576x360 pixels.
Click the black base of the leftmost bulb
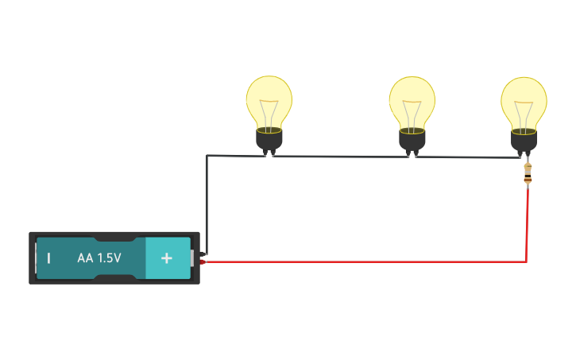pyautogui.click(x=269, y=140)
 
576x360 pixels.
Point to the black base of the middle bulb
pyautogui.click(x=412, y=140)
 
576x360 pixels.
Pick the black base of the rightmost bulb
pyautogui.click(x=524, y=140)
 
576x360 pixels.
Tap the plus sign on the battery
pyautogui.click(x=166, y=258)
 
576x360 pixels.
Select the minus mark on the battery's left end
pyautogui.click(x=48, y=258)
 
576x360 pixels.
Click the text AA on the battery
pyautogui.click(x=86, y=258)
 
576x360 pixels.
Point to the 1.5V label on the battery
pyautogui.click(x=109, y=258)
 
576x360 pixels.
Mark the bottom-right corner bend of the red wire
pyautogui.click(x=526, y=261)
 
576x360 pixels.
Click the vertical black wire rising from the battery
pyautogui.click(x=207, y=207)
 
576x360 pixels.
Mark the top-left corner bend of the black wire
pyautogui.click(x=207, y=156)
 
